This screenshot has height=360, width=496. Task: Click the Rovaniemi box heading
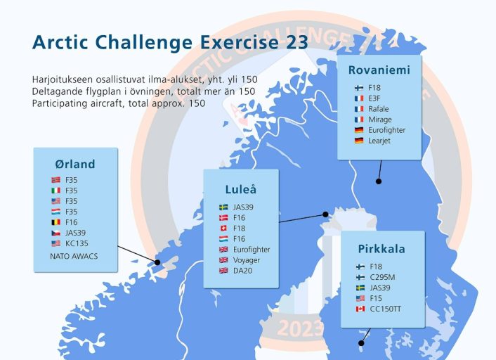coord(379,70)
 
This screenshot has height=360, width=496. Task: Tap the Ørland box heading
coord(75,164)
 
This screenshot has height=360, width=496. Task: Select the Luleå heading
coord(241,189)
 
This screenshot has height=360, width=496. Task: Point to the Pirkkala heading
coord(381,249)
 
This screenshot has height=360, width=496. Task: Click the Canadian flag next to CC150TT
coord(360,309)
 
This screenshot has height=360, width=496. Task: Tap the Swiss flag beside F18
coord(223,229)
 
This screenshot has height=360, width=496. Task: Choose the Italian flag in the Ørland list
coord(56,191)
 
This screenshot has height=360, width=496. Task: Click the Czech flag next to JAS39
coord(56,233)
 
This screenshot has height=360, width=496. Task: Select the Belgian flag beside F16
coord(56,222)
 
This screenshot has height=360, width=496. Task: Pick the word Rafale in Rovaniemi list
coord(379,109)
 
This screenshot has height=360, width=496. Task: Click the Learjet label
coord(379,141)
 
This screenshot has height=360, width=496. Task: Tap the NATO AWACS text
coord(74,256)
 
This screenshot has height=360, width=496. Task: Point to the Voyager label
coord(247,260)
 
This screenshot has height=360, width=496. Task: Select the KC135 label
coord(77,243)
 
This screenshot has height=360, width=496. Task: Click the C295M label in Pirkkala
coord(382,277)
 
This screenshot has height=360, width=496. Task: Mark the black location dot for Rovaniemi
coord(379,181)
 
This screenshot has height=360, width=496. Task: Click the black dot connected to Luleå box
coord(325,214)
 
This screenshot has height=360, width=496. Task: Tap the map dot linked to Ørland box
coord(157,262)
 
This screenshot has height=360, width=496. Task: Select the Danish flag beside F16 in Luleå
coord(223,218)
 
